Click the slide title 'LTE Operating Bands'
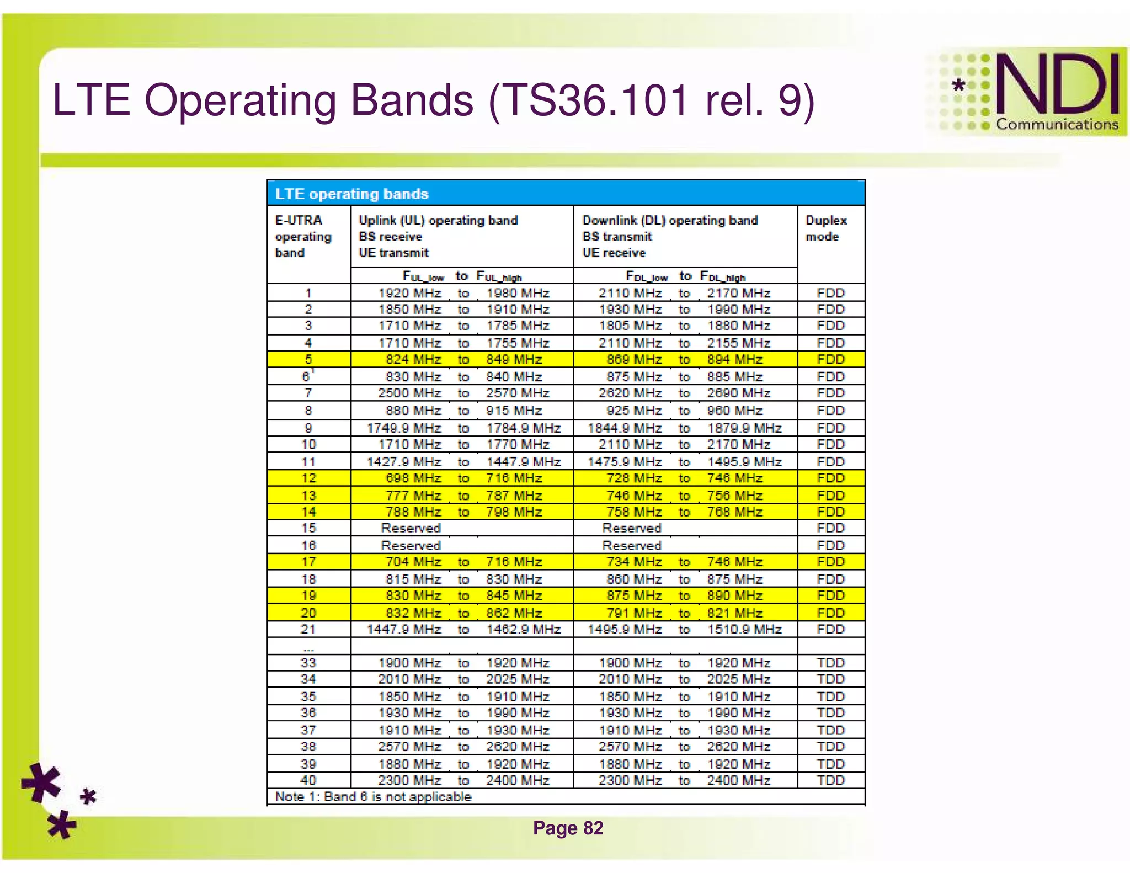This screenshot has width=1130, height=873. click(433, 100)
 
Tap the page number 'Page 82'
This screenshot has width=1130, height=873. click(568, 828)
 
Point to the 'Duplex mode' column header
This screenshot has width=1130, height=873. click(826, 228)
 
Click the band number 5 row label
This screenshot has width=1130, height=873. click(308, 359)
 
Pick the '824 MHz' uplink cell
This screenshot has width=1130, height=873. click(413, 359)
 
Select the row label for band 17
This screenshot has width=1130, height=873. click(308, 562)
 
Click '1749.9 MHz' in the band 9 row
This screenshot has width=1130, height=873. click(404, 428)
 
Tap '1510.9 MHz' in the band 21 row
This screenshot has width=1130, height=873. click(744, 629)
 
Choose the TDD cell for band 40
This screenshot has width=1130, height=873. click(830, 780)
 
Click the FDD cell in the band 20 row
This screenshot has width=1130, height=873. click(830, 613)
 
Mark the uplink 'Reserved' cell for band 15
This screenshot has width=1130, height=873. click(411, 528)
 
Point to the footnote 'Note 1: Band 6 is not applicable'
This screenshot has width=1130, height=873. click(373, 797)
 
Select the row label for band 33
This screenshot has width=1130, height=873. click(308, 663)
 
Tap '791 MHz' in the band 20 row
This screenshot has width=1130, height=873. click(634, 613)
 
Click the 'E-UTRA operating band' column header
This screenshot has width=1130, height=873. click(303, 236)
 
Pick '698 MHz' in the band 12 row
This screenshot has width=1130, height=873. click(413, 478)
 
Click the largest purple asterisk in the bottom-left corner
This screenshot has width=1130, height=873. click(41, 782)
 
